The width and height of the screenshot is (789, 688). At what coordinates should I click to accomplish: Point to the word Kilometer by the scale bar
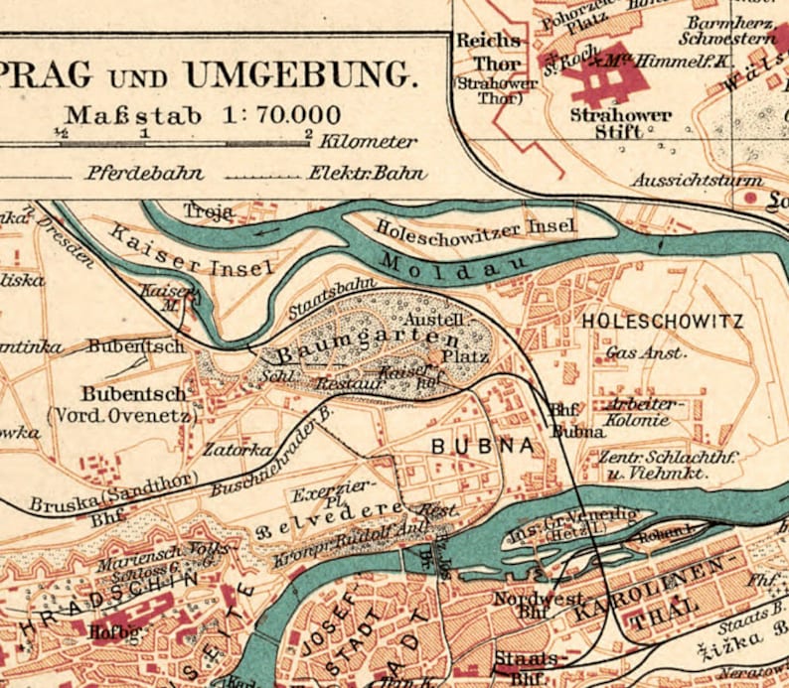[369, 142]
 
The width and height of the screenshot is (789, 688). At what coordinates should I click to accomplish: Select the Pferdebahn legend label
[144, 173]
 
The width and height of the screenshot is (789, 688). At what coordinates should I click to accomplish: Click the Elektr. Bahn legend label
[367, 173]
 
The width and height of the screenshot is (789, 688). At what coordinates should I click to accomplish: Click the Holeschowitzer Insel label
[476, 226]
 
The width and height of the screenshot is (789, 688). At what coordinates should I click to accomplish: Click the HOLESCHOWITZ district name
[662, 322]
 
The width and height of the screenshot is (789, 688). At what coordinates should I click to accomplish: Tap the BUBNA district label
[482, 447]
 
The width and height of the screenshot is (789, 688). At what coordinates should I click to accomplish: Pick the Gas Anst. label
[646, 352]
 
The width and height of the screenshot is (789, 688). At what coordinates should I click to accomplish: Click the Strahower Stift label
[620, 122]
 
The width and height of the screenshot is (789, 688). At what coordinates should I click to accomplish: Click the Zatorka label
[237, 450]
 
